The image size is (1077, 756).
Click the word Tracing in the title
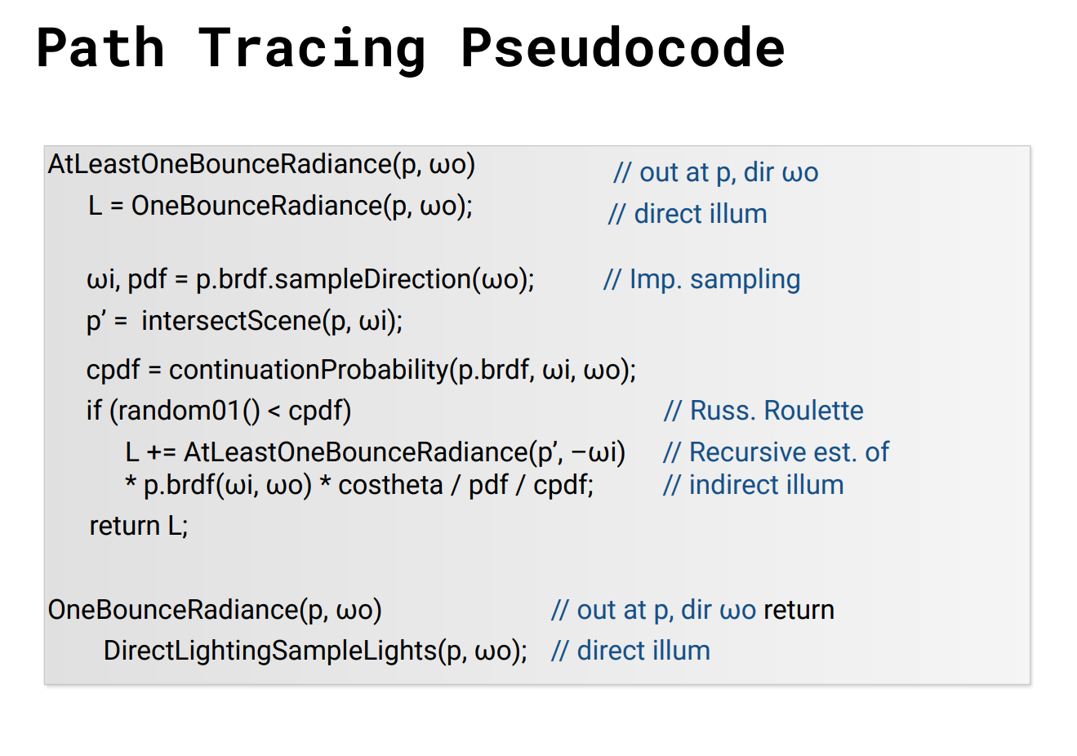(x=312, y=51)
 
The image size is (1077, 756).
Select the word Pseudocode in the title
(x=623, y=47)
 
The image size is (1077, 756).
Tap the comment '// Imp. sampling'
(x=702, y=279)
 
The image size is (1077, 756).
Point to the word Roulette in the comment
(x=813, y=411)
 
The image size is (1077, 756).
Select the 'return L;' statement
(x=139, y=525)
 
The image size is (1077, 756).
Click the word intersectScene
(x=231, y=321)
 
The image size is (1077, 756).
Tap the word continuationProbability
(x=309, y=370)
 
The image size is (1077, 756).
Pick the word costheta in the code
(x=390, y=485)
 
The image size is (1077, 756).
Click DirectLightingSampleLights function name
(x=270, y=651)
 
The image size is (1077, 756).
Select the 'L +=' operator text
(x=151, y=453)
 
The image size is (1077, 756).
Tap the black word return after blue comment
(x=799, y=610)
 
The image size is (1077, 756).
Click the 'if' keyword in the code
(x=94, y=411)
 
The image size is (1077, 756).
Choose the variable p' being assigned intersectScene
(x=94, y=322)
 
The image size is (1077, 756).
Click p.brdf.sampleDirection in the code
(x=334, y=279)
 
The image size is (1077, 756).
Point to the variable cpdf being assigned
(x=113, y=371)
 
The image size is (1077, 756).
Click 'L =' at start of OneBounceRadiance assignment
(x=106, y=207)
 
